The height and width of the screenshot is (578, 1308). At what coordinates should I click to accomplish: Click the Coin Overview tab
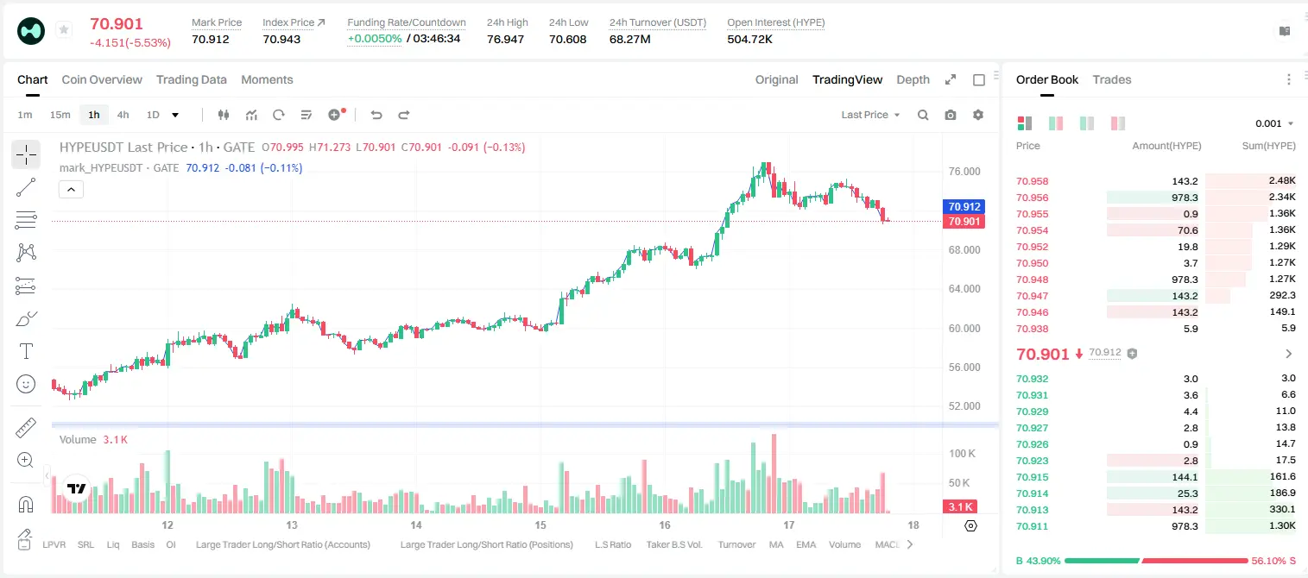point(102,79)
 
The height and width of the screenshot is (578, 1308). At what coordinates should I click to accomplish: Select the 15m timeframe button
point(60,115)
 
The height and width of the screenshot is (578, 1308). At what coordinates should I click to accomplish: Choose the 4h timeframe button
point(123,115)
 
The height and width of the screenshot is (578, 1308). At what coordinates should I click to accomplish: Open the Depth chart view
point(913,79)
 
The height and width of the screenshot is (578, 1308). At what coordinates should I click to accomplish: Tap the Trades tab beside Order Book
point(1112,79)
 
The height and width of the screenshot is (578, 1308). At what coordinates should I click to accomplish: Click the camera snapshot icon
point(951,115)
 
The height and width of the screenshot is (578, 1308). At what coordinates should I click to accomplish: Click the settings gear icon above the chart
point(978,115)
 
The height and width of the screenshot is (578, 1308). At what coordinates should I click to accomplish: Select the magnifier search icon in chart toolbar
point(923,115)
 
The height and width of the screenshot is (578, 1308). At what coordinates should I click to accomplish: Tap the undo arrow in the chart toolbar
point(376,115)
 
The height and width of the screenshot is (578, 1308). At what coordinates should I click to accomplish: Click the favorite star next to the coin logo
point(64,29)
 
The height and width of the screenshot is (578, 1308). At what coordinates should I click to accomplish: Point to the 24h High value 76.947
point(505,39)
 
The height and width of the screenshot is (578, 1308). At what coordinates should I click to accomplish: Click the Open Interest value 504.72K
point(749,39)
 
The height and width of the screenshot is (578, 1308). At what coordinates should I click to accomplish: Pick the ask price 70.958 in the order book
point(1032,181)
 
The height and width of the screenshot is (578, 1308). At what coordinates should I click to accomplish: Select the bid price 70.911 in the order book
point(1032,526)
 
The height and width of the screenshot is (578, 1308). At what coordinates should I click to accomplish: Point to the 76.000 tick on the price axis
point(964,172)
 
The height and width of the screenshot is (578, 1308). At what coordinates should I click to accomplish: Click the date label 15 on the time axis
point(540,525)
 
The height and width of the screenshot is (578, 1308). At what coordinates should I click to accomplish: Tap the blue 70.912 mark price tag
point(964,206)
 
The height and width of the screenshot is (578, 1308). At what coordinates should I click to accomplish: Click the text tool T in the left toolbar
point(26,351)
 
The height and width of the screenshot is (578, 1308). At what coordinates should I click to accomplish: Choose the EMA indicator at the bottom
point(806,544)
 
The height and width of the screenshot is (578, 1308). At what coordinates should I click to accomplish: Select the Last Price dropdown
point(870,115)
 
